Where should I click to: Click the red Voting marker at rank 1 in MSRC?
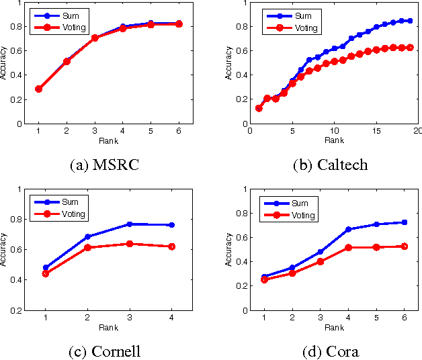[x=38, y=89]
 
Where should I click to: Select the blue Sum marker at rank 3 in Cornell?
[x=130, y=224]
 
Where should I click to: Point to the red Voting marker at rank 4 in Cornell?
[x=172, y=246]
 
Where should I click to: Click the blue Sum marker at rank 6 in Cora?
[x=403, y=222]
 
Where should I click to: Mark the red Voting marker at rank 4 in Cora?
[x=348, y=247]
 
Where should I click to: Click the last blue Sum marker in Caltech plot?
[x=410, y=21]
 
